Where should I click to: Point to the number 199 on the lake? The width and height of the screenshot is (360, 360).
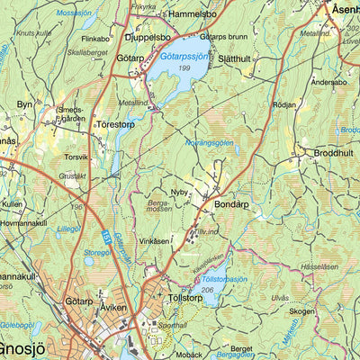click(184, 68)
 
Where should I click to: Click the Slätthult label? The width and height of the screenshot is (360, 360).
click(238, 58)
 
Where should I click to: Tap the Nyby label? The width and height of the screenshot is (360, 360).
click(179, 192)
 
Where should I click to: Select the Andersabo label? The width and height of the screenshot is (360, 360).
click(328, 82)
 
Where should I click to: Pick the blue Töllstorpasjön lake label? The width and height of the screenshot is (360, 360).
click(224, 279)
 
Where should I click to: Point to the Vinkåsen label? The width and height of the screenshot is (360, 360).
click(154, 241)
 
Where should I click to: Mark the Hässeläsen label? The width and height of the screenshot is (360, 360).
click(319, 266)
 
